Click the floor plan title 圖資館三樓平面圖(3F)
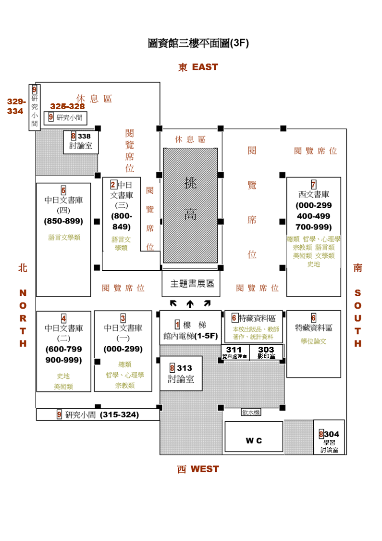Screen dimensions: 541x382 (x=198, y=44)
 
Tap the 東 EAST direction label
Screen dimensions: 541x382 (x=197, y=67)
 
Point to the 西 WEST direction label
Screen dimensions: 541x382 (x=197, y=469)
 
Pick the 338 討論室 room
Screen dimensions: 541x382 (x=81, y=141)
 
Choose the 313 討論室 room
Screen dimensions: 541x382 (x=181, y=373)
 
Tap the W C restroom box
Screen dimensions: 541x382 (x=254, y=440)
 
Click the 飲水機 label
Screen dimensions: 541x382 (x=250, y=413)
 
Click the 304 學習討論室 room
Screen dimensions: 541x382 (x=329, y=441)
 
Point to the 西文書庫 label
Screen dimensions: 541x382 (x=313, y=195)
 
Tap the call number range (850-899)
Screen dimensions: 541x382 (x=63, y=221)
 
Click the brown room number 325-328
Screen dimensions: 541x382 (x=67, y=106)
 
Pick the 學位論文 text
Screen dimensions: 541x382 (x=313, y=341)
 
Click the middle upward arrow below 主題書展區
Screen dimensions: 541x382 (x=190, y=303)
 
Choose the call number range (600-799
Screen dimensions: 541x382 (x=63, y=349)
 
